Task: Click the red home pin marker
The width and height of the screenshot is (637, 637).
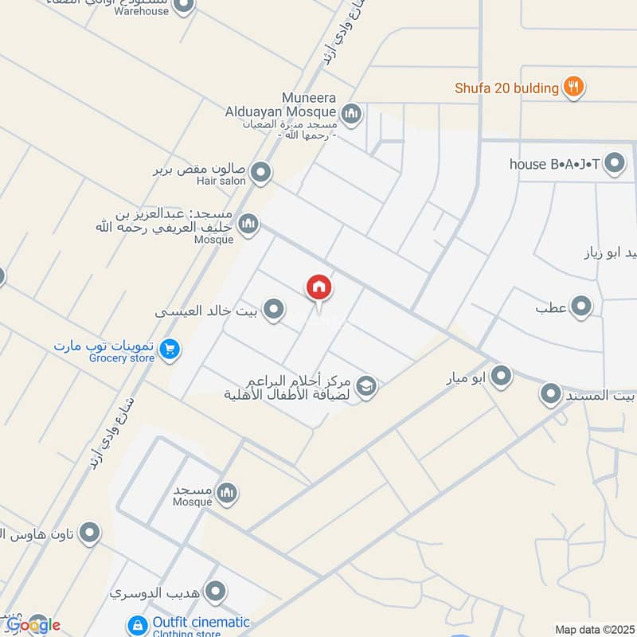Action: coord(318,288)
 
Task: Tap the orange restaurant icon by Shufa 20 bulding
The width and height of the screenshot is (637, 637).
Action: coord(573,88)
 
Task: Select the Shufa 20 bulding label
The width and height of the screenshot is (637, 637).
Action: coord(506,88)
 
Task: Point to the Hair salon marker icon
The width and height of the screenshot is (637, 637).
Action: coord(260,172)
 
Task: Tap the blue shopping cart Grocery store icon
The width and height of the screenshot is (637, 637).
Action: coord(168,349)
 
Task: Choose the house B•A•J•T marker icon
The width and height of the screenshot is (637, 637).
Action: coord(614,165)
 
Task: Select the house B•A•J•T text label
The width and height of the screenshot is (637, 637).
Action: coord(554,165)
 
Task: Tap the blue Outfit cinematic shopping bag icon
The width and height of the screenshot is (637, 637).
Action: coord(139,624)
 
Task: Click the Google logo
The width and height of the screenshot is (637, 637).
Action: coord(33,625)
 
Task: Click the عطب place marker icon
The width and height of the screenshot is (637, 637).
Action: coord(582,306)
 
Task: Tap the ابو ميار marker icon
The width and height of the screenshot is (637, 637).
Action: coord(500,376)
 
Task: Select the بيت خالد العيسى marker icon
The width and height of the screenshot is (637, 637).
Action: coord(274,310)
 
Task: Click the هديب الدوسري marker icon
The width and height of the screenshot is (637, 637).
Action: coord(215,592)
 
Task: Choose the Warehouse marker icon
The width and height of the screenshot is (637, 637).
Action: coord(183,6)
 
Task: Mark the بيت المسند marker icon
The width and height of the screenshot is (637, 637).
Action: coord(551,393)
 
